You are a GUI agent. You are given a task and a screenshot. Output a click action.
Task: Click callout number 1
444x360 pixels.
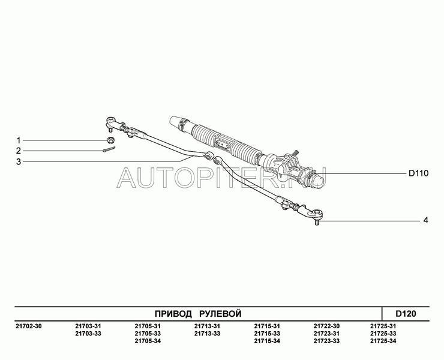[19, 140]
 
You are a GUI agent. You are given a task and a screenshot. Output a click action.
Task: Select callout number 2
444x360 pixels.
[19, 151]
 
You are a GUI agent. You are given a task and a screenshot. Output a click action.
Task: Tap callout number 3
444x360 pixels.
[19, 162]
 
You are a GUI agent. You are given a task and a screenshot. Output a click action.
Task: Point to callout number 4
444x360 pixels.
[425, 220]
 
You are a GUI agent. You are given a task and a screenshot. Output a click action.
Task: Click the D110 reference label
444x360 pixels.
[419, 173]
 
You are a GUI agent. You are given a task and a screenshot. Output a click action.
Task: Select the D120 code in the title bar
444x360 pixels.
[406, 314]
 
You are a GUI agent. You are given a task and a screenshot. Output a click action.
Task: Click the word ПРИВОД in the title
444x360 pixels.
[173, 314]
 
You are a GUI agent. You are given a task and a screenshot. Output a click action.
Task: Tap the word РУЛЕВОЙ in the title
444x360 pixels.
[220, 314]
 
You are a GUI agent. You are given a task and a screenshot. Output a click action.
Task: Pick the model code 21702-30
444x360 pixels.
[28, 326]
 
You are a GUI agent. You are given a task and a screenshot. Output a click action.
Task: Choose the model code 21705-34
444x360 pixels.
[148, 341]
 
